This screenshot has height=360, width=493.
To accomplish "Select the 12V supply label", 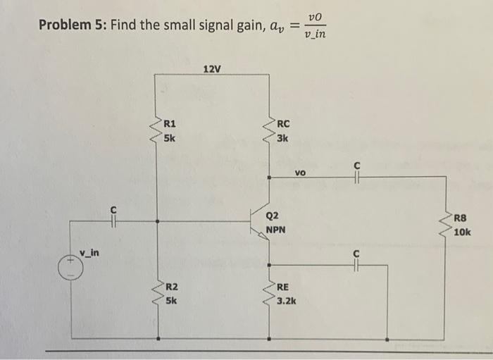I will point(211,69).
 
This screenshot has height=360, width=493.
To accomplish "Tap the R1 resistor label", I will point(170,124).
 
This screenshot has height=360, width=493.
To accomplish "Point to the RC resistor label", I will point(283,124).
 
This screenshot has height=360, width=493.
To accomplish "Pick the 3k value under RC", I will point(282,137).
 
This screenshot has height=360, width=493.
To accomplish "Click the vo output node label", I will point(301,171).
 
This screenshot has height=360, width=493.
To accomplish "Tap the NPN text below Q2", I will point(276,230).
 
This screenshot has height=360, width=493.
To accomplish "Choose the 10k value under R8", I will point(463,232).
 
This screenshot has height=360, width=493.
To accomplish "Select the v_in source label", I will point(89,252).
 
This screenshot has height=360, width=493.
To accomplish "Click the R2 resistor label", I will point(171,287).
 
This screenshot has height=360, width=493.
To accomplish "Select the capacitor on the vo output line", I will point(357,177).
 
